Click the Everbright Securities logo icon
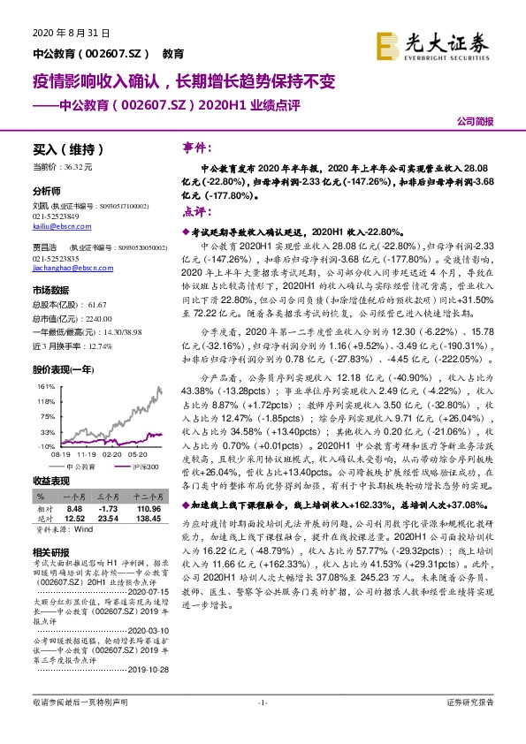pos(385,44)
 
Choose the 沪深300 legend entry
pos(147,466)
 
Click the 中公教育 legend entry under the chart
pos(79,466)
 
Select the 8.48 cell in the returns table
pos(74,510)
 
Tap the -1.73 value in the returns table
pos(109,510)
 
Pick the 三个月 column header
pos(110,498)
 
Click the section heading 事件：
pos(197,147)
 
